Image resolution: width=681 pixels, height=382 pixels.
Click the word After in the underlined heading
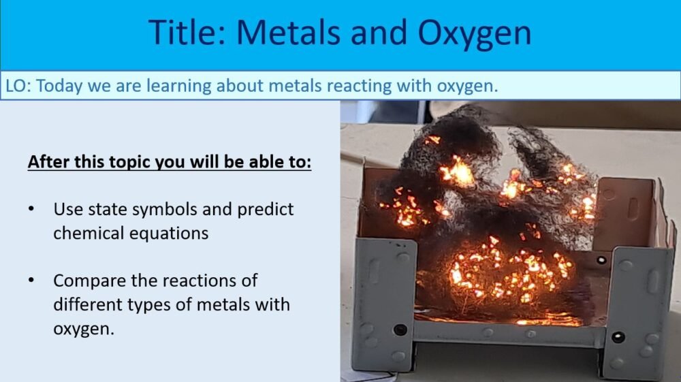click(46, 164)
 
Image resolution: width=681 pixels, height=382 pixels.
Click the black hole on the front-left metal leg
click(400, 330)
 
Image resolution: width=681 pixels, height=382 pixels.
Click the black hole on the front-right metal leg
click(618, 336)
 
